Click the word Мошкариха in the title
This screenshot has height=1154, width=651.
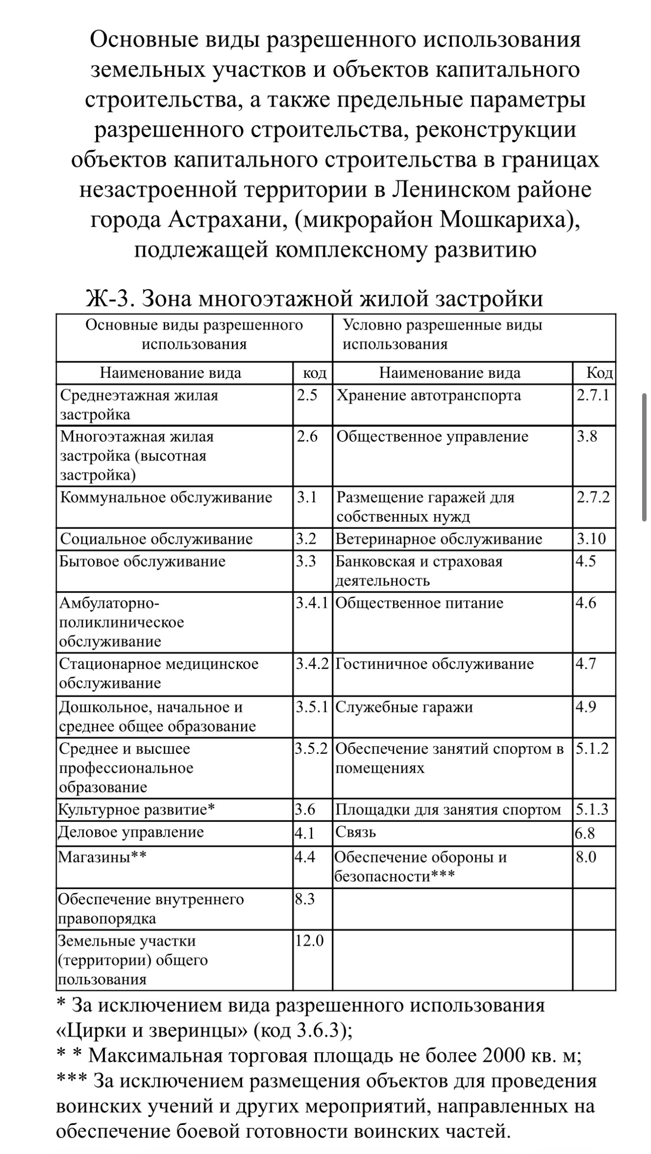click(x=502, y=220)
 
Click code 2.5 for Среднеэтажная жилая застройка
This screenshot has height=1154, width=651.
click(x=307, y=396)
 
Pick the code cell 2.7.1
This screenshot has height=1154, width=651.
click(x=593, y=396)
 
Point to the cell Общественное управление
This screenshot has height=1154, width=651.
click(x=432, y=437)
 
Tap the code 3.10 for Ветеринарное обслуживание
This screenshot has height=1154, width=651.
click(x=591, y=539)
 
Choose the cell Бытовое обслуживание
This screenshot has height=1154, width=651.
click(x=143, y=561)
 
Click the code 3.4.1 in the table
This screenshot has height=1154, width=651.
click(x=312, y=603)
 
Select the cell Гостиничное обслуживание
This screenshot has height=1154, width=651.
click(x=434, y=664)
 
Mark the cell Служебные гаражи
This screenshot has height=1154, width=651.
click(x=404, y=707)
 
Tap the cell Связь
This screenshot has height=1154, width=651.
click(x=356, y=832)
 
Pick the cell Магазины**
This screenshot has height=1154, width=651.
click(x=102, y=857)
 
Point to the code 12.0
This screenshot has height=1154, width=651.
click(x=309, y=941)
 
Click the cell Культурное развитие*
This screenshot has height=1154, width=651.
click(x=137, y=810)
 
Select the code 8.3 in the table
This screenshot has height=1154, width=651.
click(x=305, y=899)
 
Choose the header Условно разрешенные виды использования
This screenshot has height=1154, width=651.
click(x=442, y=335)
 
